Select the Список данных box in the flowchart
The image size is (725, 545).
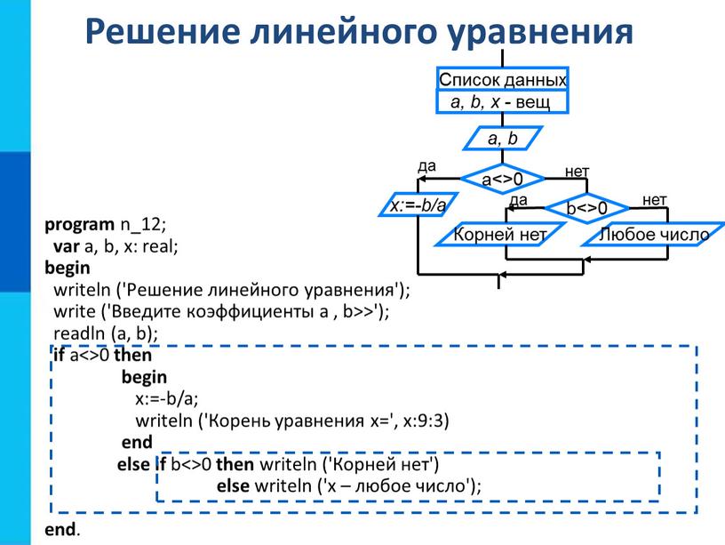pos(503,79)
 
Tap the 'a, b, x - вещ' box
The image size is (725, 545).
pos(503,101)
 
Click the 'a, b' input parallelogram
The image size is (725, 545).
pos(503,139)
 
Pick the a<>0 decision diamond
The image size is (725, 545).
pos(503,179)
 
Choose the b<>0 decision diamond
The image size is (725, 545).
pos(587,208)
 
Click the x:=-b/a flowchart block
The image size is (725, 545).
pos(418,205)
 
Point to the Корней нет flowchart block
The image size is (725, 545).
pos(500,234)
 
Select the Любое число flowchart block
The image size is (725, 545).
pos(654,234)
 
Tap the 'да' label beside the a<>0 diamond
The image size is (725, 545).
pos(426,165)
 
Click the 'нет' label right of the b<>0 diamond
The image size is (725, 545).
pos(655,200)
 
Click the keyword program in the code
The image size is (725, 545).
pos(80,225)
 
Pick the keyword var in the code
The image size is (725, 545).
pos(67,246)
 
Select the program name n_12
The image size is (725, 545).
pos(140,225)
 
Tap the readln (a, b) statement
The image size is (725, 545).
pos(106,333)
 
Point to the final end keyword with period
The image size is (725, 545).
pos(62,529)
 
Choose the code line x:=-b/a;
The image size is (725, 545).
pos(167,398)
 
